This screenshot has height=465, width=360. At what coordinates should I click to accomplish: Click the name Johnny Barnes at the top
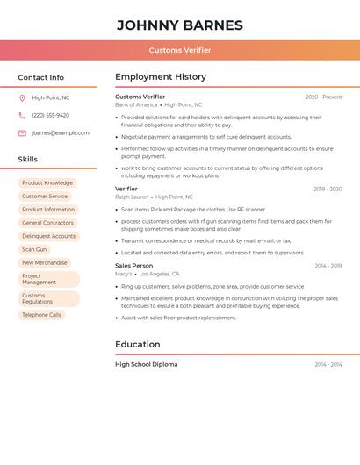(180, 25)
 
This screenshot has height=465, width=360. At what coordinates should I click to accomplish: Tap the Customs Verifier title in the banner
(180, 50)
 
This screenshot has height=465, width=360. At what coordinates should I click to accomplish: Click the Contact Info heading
(40, 77)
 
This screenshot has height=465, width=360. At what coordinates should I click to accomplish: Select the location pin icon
(22, 98)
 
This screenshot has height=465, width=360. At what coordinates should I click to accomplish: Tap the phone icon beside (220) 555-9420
(22, 116)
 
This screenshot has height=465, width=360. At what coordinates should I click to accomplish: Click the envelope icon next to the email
(22, 133)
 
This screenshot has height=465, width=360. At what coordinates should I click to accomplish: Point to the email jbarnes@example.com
(61, 133)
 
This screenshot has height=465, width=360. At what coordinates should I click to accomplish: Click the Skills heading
(28, 160)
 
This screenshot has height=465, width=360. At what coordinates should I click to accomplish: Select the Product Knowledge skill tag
(47, 183)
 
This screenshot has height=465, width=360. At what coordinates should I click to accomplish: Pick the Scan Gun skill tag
(34, 249)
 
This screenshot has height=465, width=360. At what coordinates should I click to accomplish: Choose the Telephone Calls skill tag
(41, 315)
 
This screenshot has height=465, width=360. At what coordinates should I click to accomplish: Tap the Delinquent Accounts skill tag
(48, 236)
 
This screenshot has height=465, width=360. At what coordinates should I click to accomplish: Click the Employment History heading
(161, 77)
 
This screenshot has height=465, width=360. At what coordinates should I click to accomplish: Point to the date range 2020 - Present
(323, 97)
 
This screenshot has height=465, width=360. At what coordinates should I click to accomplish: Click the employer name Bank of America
(136, 105)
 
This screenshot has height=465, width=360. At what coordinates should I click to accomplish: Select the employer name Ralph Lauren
(132, 197)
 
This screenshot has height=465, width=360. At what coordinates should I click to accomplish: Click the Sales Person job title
(133, 266)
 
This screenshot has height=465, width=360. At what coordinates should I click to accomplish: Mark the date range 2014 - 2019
(328, 266)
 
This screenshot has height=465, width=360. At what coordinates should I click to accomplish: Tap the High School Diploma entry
(146, 364)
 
